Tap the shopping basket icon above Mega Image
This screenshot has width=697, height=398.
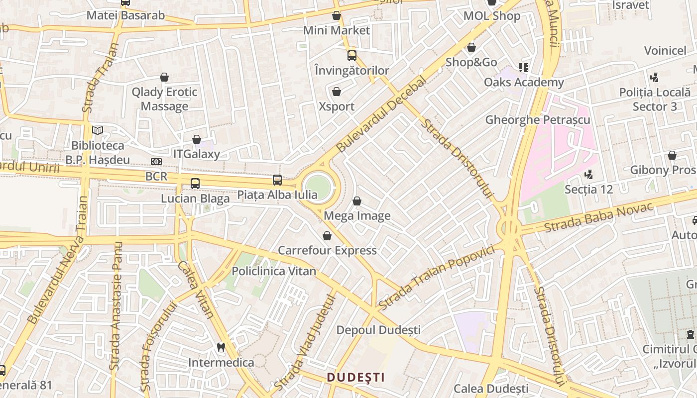(x=357, y=201)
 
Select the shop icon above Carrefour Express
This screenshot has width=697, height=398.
(x=327, y=236)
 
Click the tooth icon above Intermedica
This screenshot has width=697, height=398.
(x=221, y=348)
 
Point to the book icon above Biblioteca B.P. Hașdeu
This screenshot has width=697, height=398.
(x=98, y=131)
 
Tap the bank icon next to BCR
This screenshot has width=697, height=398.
(x=156, y=162)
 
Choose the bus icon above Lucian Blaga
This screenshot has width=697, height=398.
(x=195, y=184)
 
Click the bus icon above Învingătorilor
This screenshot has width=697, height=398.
(x=352, y=56)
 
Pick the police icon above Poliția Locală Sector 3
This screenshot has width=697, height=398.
(x=655, y=78)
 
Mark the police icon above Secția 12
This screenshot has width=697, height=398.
(x=589, y=175)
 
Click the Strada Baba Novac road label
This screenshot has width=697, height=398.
(x=598, y=218)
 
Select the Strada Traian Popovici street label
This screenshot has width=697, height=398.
(x=437, y=277)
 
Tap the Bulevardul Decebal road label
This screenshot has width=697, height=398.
(x=382, y=114)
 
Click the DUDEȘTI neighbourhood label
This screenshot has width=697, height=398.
(x=356, y=377)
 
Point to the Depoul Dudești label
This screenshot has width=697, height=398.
(x=378, y=330)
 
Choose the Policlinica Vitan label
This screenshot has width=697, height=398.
(x=274, y=271)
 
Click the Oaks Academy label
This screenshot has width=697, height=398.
(x=524, y=82)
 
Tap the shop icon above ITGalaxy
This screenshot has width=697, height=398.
(x=197, y=140)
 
